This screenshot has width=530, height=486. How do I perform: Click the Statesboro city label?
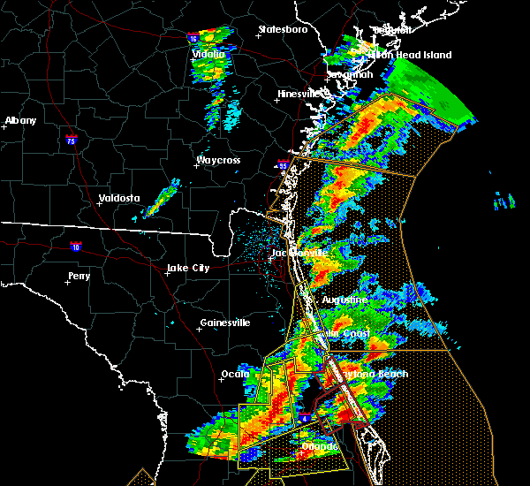pyautogui.click(x=283, y=29)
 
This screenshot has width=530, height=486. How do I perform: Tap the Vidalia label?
pyautogui.click(x=208, y=55)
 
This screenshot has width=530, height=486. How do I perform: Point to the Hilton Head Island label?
pyautogui.click(x=410, y=55)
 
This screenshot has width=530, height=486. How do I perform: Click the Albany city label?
pyautogui.click(x=21, y=120)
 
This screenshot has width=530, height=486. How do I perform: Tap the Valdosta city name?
pyautogui.click(x=118, y=198)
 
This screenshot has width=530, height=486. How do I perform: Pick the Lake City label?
pyautogui.click(x=188, y=268)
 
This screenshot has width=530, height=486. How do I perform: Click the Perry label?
pyautogui.click(x=79, y=276)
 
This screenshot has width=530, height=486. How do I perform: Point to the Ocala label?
pyautogui.click(x=234, y=374)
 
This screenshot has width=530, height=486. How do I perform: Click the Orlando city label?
pyautogui.click(x=319, y=447)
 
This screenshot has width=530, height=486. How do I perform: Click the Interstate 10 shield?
pyautogui.click(x=76, y=247)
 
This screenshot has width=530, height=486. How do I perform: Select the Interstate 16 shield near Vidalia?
pyautogui.click(x=193, y=38)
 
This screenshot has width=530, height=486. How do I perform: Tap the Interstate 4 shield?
pyautogui.click(x=304, y=416)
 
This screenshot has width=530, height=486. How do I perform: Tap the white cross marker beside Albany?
pyautogui.click(x=5, y=127)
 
